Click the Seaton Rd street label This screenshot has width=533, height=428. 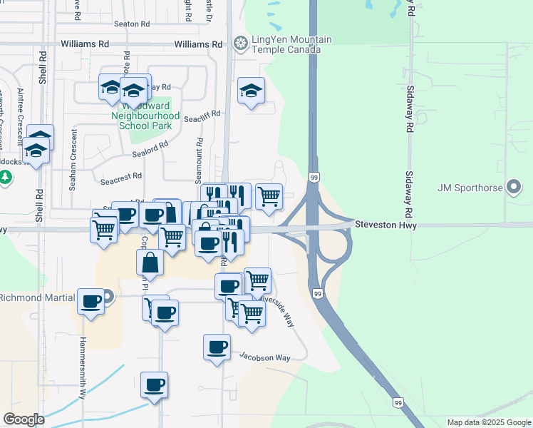click(x=135, y=24)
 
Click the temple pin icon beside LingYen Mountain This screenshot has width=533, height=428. click(x=241, y=44)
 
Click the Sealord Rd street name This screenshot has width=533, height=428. click(x=150, y=148)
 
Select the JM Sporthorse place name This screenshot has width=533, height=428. click(x=470, y=188)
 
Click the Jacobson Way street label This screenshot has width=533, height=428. click(x=264, y=357)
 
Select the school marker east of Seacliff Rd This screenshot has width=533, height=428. click(x=251, y=91)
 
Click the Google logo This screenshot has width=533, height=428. click(x=24, y=419)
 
